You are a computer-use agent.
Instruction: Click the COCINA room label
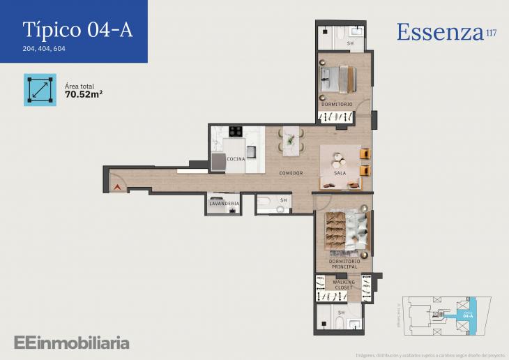tap(236, 159)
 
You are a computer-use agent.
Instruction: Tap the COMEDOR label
tap(290, 172)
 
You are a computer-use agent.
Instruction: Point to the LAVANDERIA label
tap(224, 204)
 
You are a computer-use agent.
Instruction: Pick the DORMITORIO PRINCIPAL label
tap(340, 264)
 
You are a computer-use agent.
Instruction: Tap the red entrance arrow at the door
tap(116, 187)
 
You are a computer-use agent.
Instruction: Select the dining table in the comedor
tap(290, 140)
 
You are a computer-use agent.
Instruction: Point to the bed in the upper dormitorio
tap(338, 78)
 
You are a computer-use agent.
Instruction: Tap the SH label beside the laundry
tap(283, 200)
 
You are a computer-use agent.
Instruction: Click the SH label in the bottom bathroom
tap(340, 313)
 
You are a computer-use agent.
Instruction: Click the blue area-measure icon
tap(40, 89)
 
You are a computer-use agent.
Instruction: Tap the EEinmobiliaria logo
tap(72, 343)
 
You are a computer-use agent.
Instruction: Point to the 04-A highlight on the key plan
tap(468, 315)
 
